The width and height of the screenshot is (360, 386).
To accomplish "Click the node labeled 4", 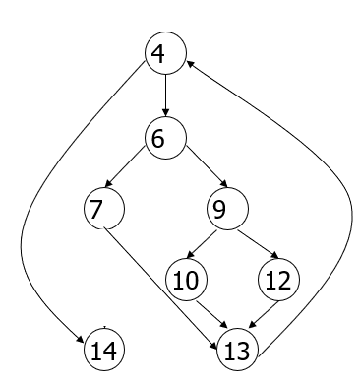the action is [165, 53].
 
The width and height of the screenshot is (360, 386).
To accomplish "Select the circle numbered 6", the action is [165, 138].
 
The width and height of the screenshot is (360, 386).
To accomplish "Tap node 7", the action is [104, 209].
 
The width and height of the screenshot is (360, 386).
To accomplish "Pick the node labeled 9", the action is [227, 209].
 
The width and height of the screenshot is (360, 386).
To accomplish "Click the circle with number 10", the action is [187, 280].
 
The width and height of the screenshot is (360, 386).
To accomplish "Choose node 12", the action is [279, 280].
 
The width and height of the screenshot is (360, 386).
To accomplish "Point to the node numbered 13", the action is [238, 350].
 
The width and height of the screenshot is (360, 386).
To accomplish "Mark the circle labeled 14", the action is [104, 350].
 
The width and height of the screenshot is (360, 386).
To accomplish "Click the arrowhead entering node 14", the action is [81, 339].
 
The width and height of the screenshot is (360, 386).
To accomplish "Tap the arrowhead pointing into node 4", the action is [191, 63].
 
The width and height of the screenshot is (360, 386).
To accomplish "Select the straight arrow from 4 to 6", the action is [165, 96].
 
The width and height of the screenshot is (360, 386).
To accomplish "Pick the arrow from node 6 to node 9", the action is [207, 166].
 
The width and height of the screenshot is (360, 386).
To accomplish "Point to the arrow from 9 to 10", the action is [202, 244].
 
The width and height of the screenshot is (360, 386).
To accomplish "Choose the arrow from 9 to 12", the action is [259, 244].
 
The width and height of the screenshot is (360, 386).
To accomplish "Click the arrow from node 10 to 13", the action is [211, 314].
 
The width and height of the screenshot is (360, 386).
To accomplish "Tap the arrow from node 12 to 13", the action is [264, 314].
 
